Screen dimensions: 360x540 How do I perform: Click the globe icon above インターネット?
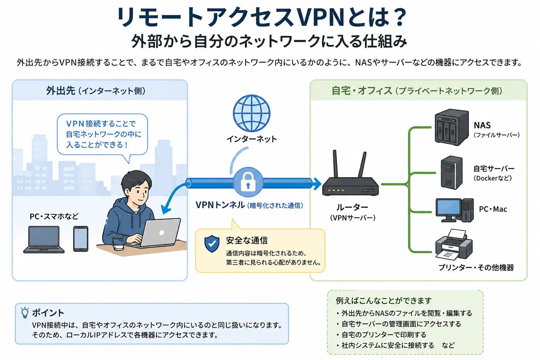(251, 113)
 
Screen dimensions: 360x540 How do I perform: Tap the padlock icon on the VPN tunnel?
(248, 182)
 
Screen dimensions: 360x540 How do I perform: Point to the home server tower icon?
(451, 173)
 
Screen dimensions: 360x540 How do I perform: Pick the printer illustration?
(454, 245)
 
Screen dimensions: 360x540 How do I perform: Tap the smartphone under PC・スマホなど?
(81, 239)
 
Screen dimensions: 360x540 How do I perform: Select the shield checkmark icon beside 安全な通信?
(212, 244)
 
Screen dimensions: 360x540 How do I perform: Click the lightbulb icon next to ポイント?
(25, 313)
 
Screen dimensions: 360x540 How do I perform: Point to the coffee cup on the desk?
(118, 243)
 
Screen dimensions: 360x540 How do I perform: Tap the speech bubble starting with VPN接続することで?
(102, 134)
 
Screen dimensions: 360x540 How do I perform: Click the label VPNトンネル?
(220, 205)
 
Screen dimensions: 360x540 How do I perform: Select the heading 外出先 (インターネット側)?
(96, 91)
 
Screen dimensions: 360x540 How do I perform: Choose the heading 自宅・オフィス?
(362, 91)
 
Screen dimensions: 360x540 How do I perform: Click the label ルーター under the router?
(352, 207)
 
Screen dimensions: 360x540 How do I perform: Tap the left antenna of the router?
(335, 164)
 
